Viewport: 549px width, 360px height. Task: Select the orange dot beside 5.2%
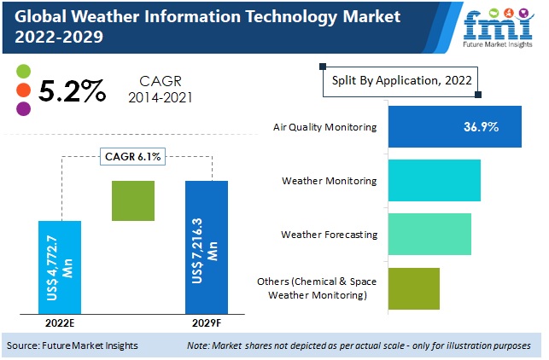coord(23,90)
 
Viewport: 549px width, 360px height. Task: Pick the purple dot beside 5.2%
coord(23,108)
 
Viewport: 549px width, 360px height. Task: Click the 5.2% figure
coord(74,90)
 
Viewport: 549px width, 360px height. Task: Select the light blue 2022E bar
coord(60,266)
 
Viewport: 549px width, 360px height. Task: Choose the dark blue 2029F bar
coord(207,247)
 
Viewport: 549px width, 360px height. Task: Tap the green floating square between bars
coord(133,201)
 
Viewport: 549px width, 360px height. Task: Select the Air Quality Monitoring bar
coord(454,126)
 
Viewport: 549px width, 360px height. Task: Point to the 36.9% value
coord(482,126)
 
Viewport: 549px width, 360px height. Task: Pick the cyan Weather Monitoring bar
coord(435,180)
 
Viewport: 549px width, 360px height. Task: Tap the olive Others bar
coord(413,288)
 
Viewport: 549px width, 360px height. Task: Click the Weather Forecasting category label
coord(329,234)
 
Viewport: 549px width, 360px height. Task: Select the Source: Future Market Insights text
coord(73,345)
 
